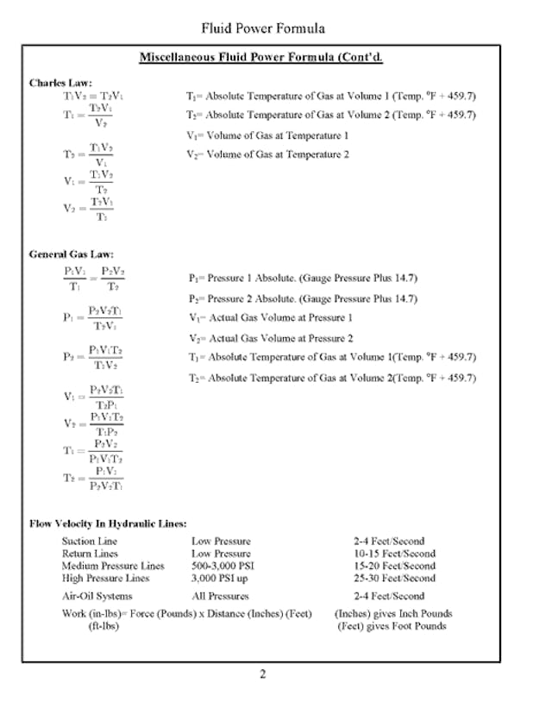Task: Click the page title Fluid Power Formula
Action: pos(263,28)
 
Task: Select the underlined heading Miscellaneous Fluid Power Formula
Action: pos(261,58)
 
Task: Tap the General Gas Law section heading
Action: pos(68,254)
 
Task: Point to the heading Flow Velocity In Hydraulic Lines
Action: pos(108,523)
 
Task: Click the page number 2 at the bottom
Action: pos(263,674)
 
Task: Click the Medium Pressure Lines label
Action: pos(113,566)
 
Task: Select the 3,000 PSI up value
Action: pos(219,578)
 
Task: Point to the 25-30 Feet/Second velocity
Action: pos(394,578)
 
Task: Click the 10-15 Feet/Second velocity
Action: pos(394,554)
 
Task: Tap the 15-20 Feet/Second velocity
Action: pos(394,566)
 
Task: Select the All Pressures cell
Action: pos(220,596)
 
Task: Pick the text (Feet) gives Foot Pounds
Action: pos(392,626)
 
